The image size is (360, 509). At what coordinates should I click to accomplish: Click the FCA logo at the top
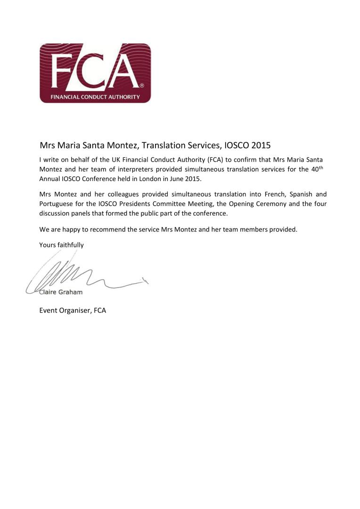[x=95, y=73]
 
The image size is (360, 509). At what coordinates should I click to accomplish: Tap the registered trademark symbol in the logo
[x=142, y=86]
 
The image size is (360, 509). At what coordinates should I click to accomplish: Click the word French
[x=267, y=194]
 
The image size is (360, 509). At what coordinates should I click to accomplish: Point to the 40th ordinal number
[x=319, y=169]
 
